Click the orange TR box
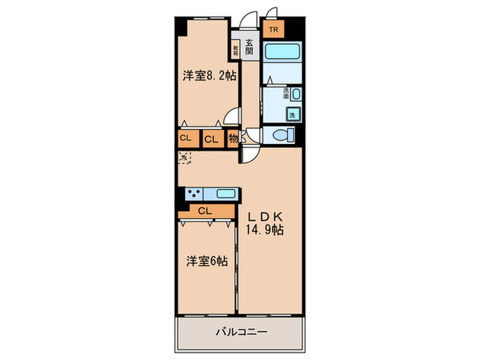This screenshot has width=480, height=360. coord(273,29)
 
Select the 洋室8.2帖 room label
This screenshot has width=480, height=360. coord(209,76)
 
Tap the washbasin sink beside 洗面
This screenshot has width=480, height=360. coord(296,94)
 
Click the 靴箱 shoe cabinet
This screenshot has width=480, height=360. coord(235,50)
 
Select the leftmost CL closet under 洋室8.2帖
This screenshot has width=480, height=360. coord(185,138)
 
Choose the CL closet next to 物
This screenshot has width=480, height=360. coord(212,139)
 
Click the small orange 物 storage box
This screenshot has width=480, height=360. coord(232,138)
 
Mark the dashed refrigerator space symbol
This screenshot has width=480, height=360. coord(184,157)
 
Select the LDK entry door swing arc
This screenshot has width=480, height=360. coord(250,152)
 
